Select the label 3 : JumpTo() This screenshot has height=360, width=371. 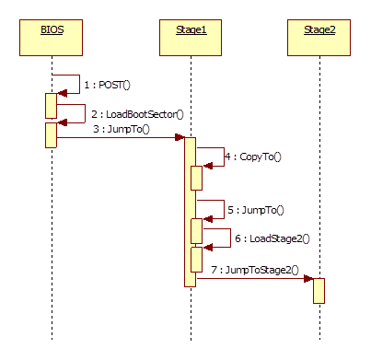[122, 130]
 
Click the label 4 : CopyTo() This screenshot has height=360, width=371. [252, 157]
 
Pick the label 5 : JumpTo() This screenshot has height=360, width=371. [255, 211]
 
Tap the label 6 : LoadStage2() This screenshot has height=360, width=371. [272, 238]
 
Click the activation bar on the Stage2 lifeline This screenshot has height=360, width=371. [319, 290]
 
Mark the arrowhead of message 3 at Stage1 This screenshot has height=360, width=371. [180, 138]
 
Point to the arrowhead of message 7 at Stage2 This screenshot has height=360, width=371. [308, 277]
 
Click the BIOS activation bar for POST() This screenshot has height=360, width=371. [52, 105]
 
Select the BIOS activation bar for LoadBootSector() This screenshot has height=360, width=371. [52, 134]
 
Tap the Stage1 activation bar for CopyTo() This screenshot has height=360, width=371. [197, 178]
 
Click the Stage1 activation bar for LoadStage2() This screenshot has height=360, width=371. [197, 259]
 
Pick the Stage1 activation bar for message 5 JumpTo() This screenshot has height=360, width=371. [197, 231]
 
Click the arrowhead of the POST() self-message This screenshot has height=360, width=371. [62, 93]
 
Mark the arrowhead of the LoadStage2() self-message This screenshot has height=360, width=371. [207, 247]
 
